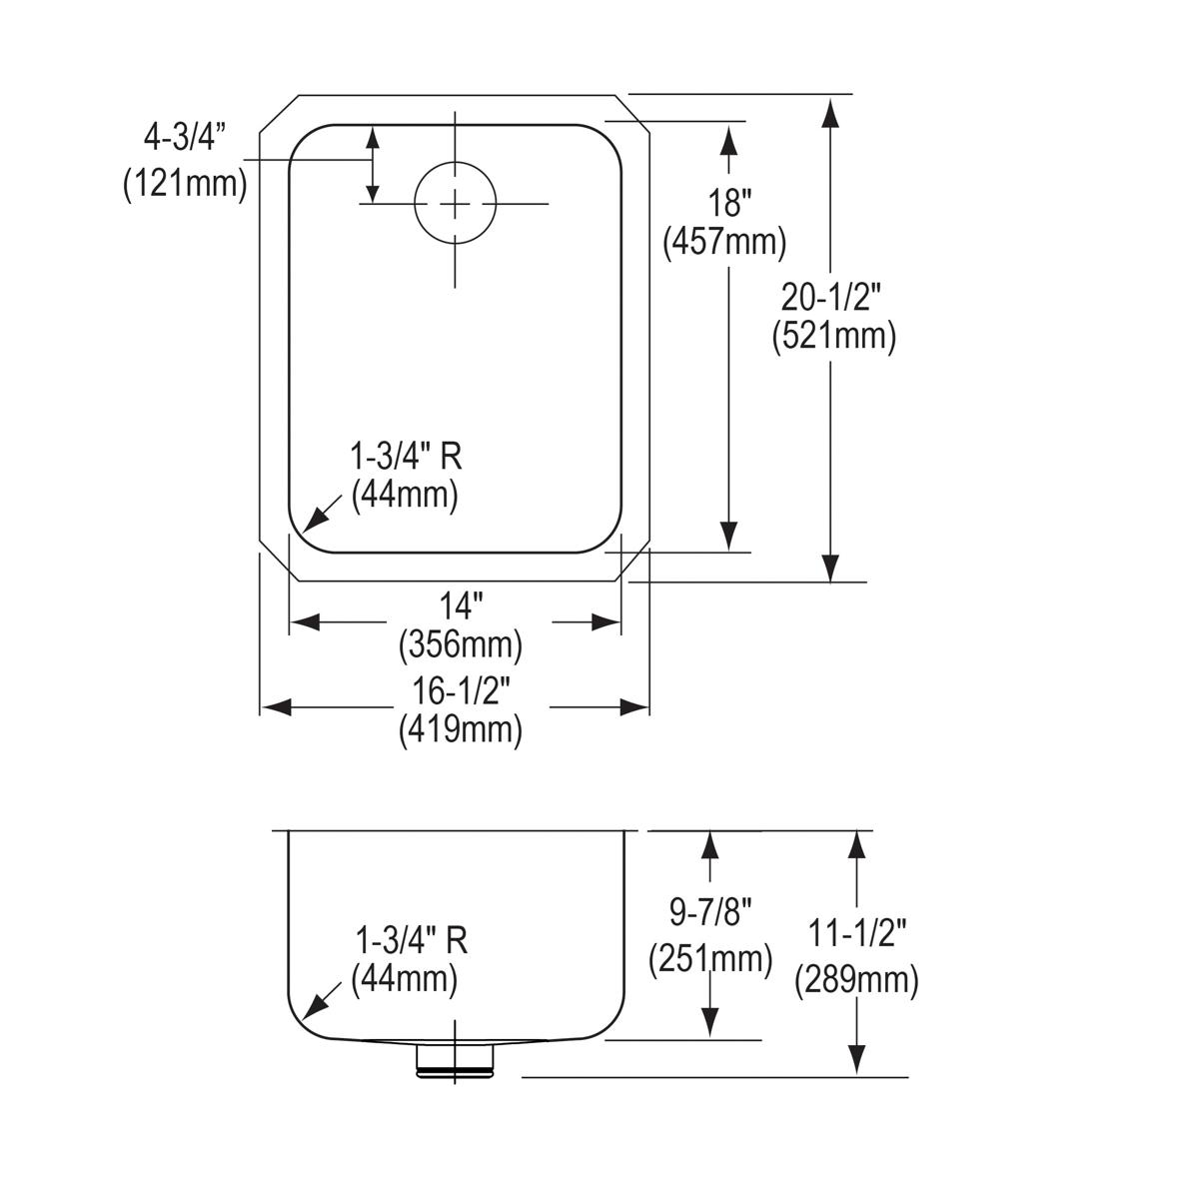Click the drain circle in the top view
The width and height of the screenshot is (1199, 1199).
pos(455,204)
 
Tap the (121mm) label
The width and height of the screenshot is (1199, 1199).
pos(185,184)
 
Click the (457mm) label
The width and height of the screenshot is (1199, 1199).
pos(724,243)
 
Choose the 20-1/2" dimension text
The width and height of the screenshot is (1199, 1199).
pos(832,296)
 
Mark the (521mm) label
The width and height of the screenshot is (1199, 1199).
pos(833,336)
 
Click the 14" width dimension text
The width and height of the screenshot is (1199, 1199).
pos(461,605)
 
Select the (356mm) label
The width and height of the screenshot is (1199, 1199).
pos(460,645)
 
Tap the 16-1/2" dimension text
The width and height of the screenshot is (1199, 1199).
pos(462,690)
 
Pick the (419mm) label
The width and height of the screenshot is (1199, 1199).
pos(460,730)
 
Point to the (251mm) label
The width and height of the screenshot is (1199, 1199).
pos(710,959)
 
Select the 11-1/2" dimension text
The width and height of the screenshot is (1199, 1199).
pos(857,936)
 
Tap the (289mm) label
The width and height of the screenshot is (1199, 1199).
pos(856,980)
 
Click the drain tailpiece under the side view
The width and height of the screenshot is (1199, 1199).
pos(455,1058)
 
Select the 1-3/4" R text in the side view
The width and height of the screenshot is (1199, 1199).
pos(412,940)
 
